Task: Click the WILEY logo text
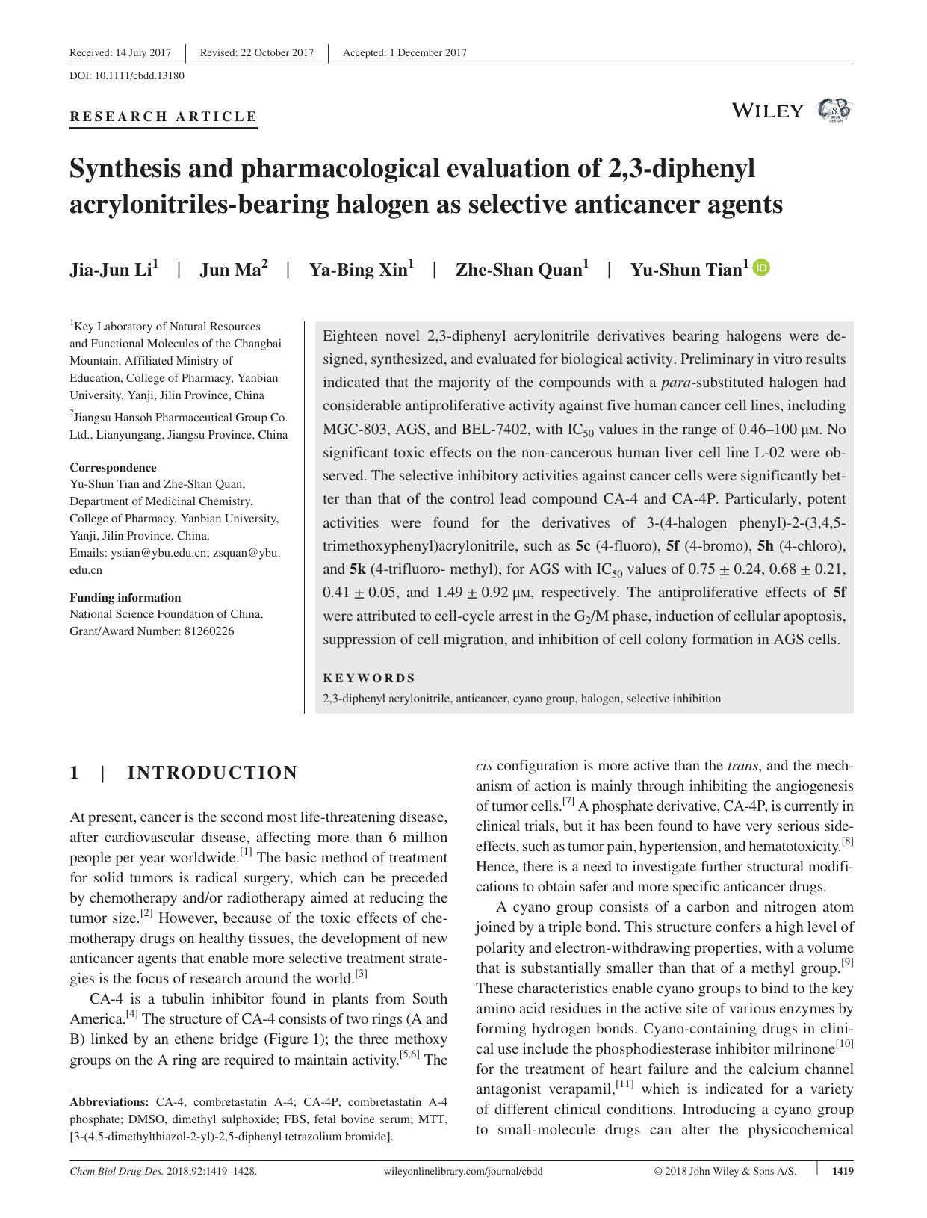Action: pos(767,111)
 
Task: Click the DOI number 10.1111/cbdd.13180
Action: pos(138,75)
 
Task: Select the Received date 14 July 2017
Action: pos(143,52)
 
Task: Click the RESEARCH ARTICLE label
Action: pos(163,117)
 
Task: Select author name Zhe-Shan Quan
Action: pos(518,270)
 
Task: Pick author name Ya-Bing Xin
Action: pos(358,270)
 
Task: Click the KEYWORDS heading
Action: pos(369,678)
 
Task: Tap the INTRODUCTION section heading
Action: pos(212,773)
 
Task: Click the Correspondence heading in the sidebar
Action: pos(113,467)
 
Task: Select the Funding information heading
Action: pos(125,597)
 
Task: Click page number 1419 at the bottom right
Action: pos(842,1171)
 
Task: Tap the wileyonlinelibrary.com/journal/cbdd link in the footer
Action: pos(462,1171)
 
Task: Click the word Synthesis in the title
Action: pos(124,169)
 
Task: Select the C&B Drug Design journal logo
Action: pos(834,111)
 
